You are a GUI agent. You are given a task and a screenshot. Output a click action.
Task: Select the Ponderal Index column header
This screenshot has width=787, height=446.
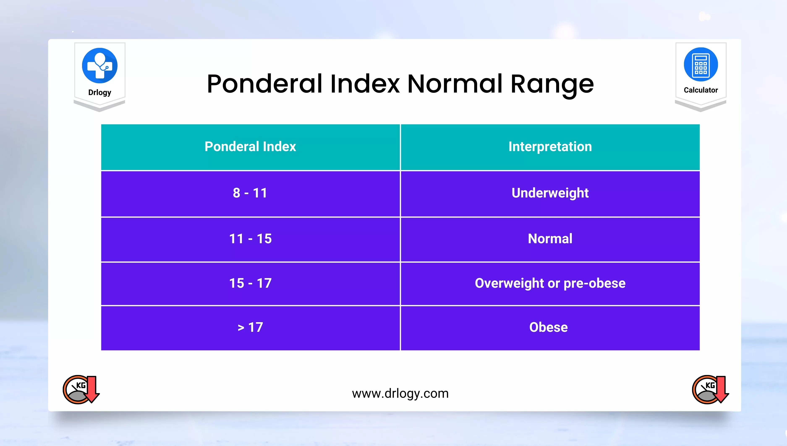pyautogui.click(x=250, y=146)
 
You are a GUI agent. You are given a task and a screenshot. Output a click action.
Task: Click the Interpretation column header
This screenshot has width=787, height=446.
pyautogui.click(x=550, y=146)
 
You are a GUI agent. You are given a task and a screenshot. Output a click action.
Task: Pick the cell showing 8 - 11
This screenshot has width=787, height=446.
pyautogui.click(x=250, y=193)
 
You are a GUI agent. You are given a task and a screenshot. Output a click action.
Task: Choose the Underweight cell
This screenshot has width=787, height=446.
pyautogui.click(x=550, y=193)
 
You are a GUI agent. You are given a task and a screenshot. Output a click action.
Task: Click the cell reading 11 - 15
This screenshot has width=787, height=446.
pyautogui.click(x=250, y=239)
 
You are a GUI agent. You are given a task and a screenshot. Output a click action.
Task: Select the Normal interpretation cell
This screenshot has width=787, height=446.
pyautogui.click(x=550, y=239)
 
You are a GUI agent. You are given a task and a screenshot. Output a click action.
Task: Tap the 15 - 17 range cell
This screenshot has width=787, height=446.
pyautogui.click(x=250, y=283)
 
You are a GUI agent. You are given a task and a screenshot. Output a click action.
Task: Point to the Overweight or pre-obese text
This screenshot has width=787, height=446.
pyautogui.click(x=550, y=283)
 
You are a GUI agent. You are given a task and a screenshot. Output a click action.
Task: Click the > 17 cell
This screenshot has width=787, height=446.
pyautogui.click(x=250, y=327)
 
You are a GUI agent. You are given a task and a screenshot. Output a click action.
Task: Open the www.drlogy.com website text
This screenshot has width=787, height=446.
pyautogui.click(x=400, y=393)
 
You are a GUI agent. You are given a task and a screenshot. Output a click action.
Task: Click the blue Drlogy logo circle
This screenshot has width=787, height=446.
pyautogui.click(x=99, y=65)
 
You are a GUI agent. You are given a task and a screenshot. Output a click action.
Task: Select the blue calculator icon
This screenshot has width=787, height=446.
pyautogui.click(x=701, y=64)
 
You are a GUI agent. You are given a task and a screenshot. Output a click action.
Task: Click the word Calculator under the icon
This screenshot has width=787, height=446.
pyautogui.click(x=701, y=90)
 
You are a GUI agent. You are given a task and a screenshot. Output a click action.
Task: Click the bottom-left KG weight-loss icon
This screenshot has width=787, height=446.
pyautogui.click(x=81, y=389)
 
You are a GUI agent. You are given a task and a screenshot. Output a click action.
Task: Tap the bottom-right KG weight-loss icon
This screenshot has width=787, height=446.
pyautogui.click(x=710, y=389)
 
